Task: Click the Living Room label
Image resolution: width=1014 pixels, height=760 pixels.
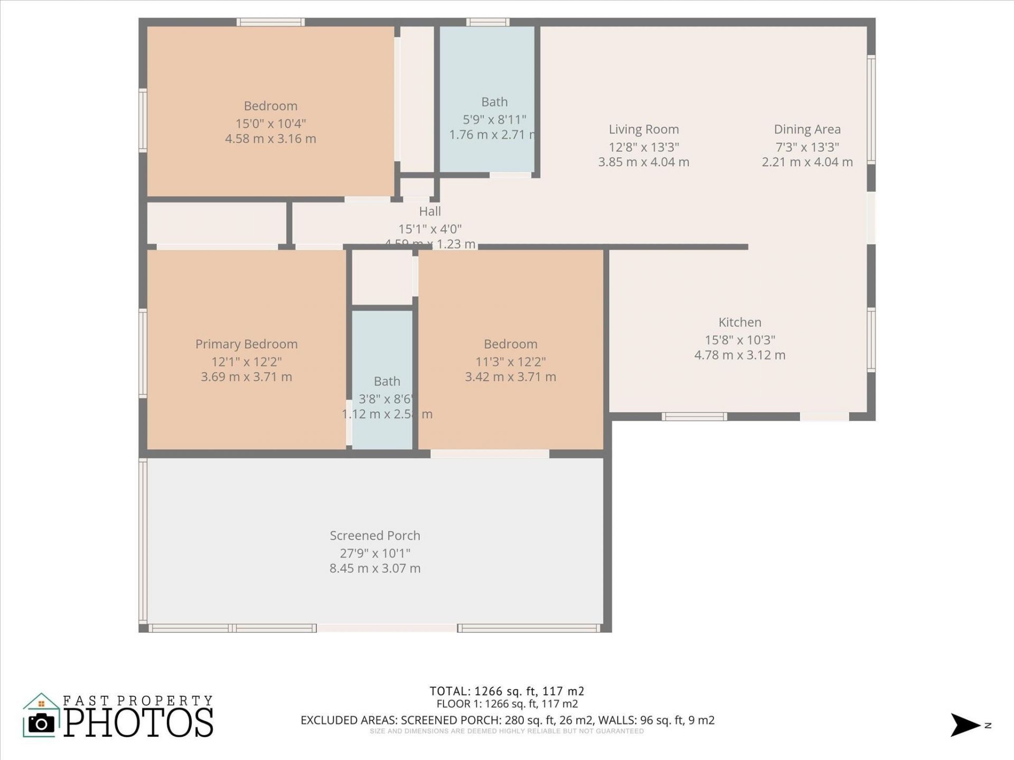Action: point(643,129)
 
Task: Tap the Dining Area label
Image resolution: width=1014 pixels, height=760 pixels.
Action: point(807,129)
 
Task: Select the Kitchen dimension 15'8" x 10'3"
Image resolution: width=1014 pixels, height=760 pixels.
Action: point(739,340)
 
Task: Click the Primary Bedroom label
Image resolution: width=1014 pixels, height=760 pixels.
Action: point(246,344)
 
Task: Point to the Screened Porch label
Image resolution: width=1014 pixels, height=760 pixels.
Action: point(375,536)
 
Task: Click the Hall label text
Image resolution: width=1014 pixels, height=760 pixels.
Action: point(429,212)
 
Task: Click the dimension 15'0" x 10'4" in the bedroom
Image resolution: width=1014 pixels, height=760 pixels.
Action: point(270,123)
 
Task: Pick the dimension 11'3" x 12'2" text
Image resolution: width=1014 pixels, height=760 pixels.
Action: point(510,362)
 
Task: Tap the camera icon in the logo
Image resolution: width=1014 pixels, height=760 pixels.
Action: point(41,723)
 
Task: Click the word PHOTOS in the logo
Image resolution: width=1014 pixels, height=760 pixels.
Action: point(138,723)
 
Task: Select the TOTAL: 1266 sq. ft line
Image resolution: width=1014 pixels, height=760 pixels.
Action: point(506,691)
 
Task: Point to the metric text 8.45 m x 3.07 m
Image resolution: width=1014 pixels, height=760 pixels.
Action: point(375,568)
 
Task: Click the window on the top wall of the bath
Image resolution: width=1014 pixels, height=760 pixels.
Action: point(487,22)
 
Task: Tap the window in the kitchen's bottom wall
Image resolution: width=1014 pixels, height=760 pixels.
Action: point(694,416)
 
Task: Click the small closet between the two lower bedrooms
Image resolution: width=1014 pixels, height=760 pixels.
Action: point(382,277)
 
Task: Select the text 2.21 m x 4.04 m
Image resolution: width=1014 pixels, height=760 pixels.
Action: point(807,162)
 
